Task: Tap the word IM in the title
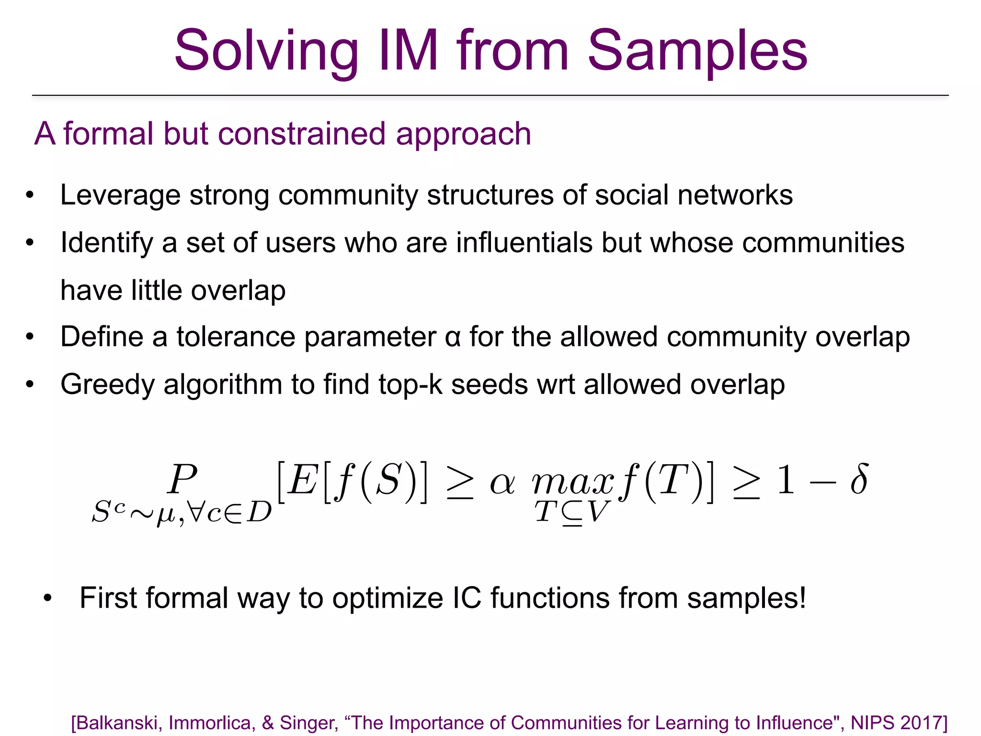point(408,50)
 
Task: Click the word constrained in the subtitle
point(301,134)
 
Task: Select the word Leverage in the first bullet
point(120,195)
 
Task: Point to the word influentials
point(525,242)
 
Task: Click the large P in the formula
point(182,479)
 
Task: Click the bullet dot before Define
point(30,337)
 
